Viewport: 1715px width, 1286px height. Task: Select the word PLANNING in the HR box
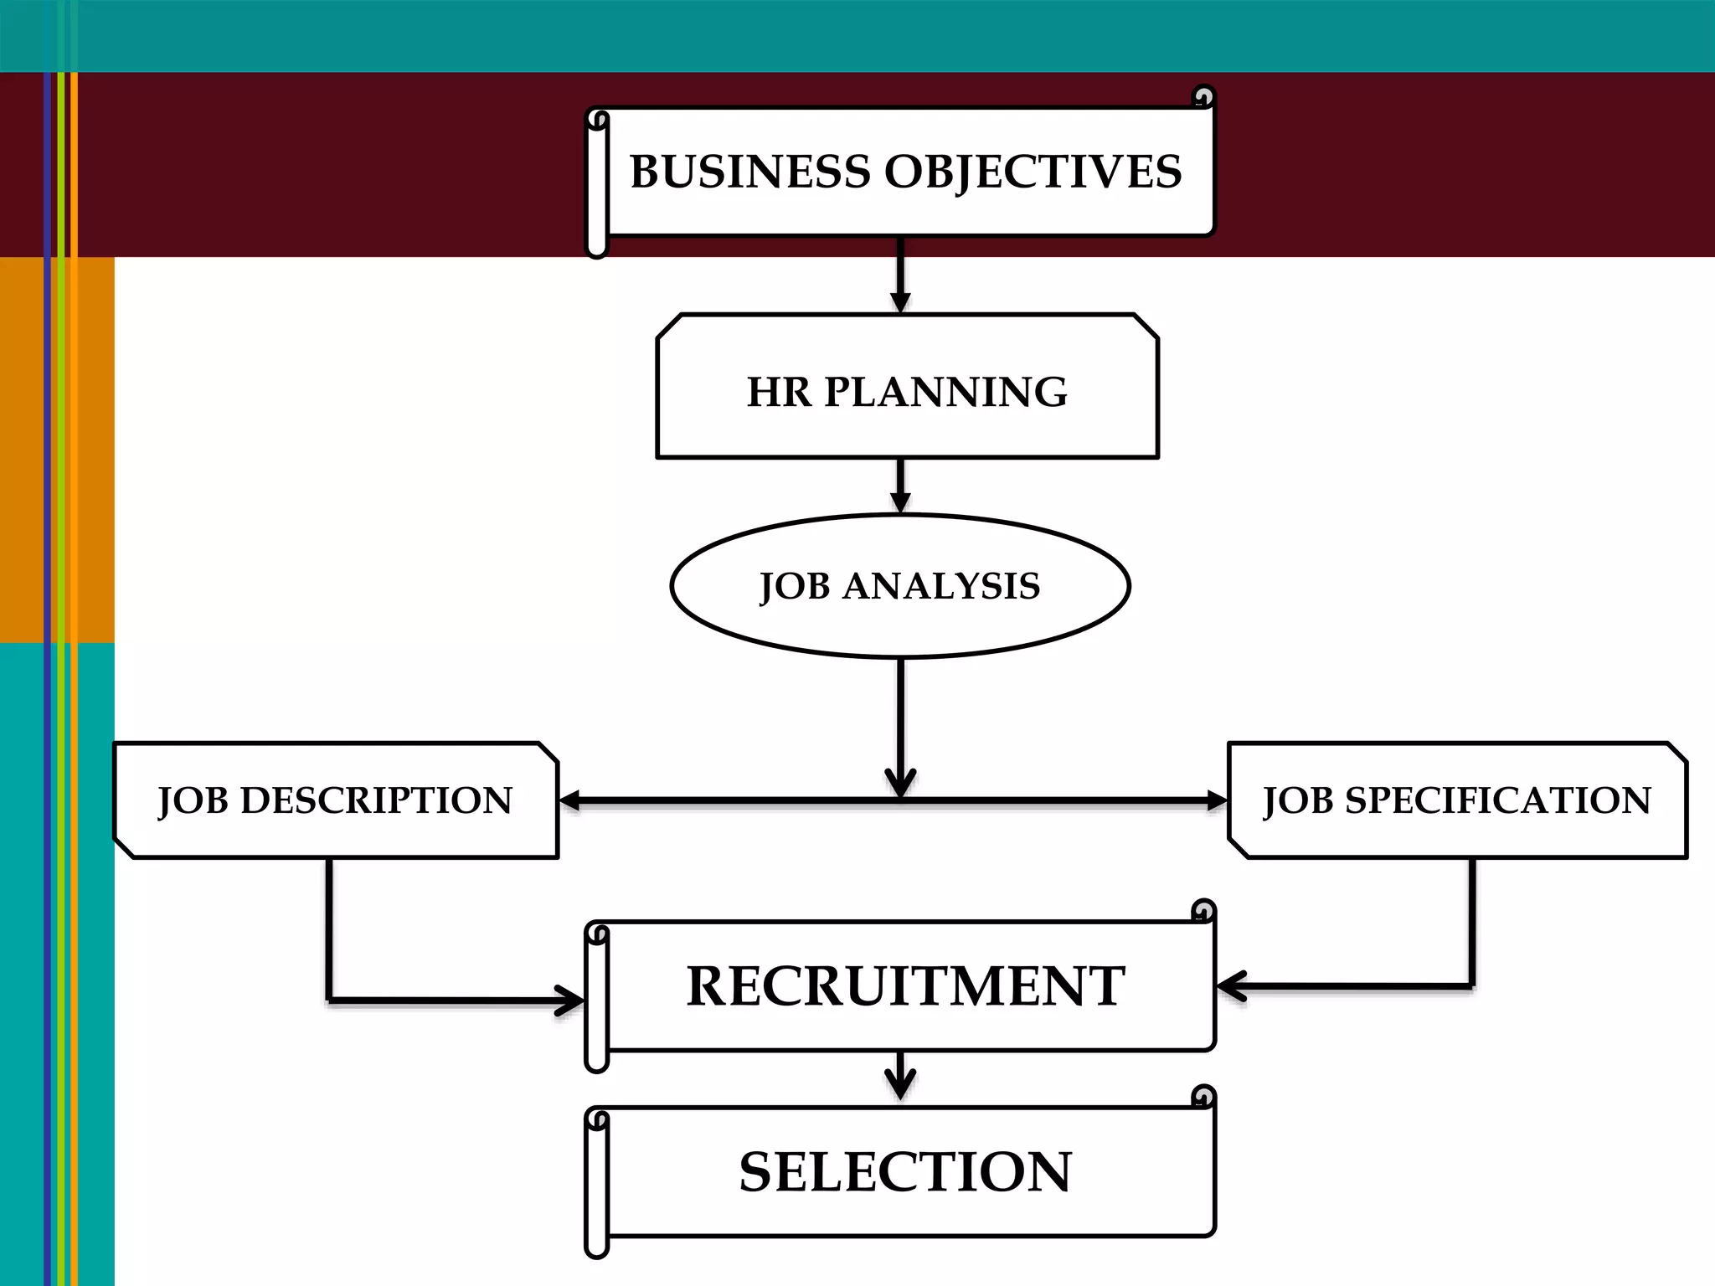coord(945,392)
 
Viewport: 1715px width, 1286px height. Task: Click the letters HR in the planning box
coord(778,392)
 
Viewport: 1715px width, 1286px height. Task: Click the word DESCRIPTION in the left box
coord(376,800)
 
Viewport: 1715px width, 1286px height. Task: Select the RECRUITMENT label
coord(905,986)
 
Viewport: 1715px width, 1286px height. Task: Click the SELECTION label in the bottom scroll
coord(905,1172)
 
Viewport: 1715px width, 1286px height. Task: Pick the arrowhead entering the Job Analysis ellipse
coord(900,502)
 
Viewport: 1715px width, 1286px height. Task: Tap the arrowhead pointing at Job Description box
coord(570,801)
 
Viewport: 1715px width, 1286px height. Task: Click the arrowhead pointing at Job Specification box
coord(1216,801)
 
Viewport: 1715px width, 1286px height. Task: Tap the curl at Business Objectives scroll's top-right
coord(1203,97)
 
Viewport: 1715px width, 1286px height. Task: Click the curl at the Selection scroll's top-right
coord(1203,1097)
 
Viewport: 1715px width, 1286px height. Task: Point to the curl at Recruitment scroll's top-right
coord(1203,911)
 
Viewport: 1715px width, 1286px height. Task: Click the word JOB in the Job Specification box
coord(1297,801)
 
